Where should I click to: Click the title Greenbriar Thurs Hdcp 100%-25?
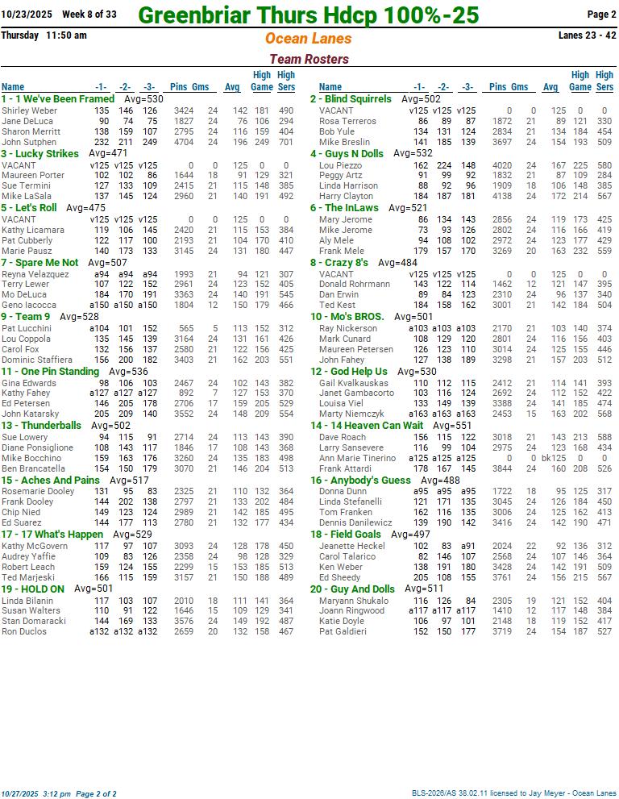[309, 15]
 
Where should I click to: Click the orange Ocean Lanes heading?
[309, 39]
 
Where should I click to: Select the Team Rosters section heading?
[309, 59]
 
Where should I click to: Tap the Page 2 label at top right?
[601, 15]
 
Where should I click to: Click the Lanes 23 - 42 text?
[587, 35]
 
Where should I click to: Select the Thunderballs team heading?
[51, 426]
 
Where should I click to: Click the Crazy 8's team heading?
[346, 263]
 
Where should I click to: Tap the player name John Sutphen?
[29, 143]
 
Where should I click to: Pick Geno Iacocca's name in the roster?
[28, 306]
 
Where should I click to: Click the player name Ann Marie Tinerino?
[357, 459]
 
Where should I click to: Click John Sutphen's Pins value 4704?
[183, 143]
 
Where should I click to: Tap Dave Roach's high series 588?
[603, 437]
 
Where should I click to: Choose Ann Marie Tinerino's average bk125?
[553, 459]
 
